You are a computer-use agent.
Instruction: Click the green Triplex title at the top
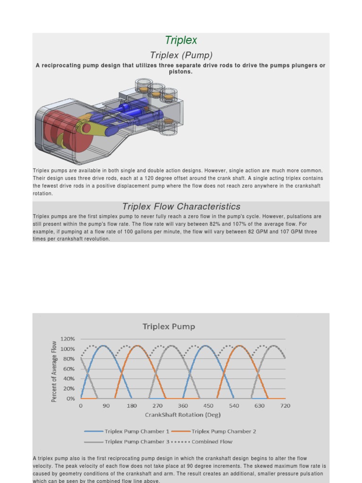coord(181,41)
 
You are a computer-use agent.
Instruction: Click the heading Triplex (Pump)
coord(181,55)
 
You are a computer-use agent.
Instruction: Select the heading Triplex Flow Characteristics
coord(181,207)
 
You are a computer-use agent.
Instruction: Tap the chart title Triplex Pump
coord(169,326)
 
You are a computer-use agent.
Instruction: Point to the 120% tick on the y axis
coord(68,339)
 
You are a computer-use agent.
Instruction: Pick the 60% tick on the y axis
coord(69,369)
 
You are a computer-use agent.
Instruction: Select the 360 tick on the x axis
coord(183,406)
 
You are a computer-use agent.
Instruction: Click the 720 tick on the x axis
coord(285,406)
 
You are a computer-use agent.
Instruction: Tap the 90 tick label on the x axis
coord(106,406)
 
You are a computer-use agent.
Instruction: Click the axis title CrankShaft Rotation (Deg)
coord(182,415)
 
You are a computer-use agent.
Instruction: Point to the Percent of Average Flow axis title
coord(54,371)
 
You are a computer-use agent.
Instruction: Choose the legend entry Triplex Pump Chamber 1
coord(137,431)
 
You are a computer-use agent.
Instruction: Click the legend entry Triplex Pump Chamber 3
coord(137,442)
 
